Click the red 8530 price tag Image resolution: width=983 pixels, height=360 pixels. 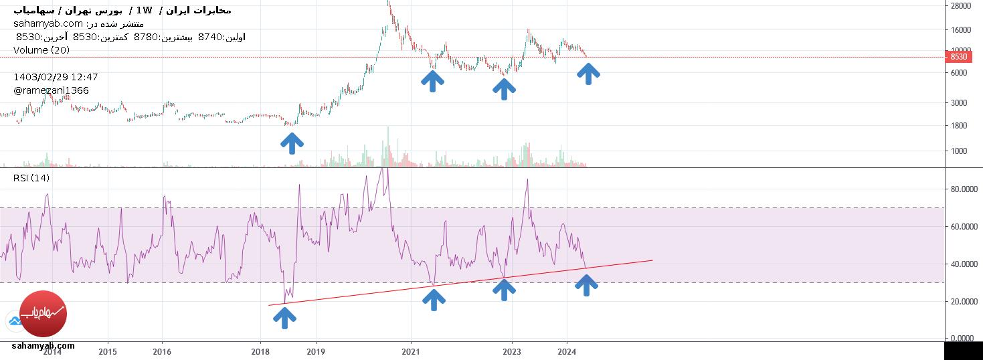coord(958,58)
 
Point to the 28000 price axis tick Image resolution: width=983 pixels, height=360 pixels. coord(961,6)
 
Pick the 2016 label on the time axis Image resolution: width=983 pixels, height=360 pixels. coord(161,351)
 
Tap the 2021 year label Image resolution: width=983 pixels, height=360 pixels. coord(410,351)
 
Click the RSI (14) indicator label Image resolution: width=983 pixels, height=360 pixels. coord(31,178)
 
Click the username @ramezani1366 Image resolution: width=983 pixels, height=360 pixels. coord(51,90)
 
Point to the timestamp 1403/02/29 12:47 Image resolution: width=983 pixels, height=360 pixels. coord(56,77)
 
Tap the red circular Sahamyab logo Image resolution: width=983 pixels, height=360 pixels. coord(43,314)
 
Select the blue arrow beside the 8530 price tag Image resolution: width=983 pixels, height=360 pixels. coord(588,74)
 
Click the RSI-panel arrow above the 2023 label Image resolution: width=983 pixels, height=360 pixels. coord(504,289)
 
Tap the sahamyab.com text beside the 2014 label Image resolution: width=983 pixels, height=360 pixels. coord(43,346)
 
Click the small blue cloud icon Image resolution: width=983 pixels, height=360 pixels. coord(14,321)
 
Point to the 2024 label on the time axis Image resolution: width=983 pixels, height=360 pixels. coord(567,351)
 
